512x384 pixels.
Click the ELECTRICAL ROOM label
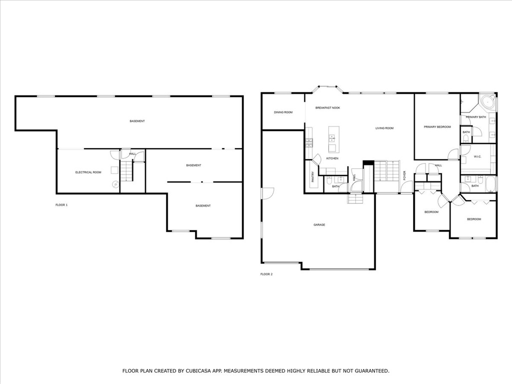click(x=88, y=172)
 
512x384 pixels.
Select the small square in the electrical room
click(x=114, y=170)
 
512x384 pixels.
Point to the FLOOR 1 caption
click(x=61, y=205)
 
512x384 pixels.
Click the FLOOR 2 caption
click(x=266, y=274)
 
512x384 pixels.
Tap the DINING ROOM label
click(x=283, y=112)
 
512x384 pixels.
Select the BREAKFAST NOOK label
click(x=327, y=108)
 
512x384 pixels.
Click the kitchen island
click(x=333, y=139)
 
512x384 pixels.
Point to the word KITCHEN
click(x=332, y=158)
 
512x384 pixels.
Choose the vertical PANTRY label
click(x=313, y=176)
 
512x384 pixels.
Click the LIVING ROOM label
click(x=384, y=128)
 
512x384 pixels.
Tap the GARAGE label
click(x=319, y=225)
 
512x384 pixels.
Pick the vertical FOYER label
click(x=404, y=175)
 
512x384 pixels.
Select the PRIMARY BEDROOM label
click(x=437, y=127)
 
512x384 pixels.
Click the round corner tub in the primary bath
click(x=488, y=102)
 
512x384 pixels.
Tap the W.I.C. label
click(x=477, y=156)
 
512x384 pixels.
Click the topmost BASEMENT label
click(x=137, y=121)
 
